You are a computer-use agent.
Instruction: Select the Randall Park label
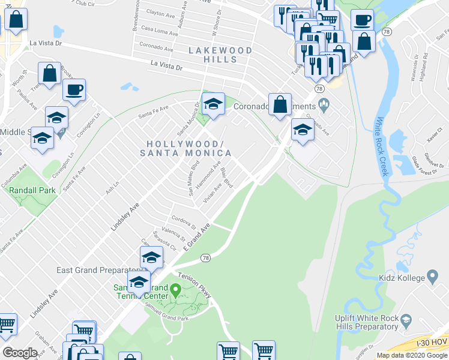point(32,190)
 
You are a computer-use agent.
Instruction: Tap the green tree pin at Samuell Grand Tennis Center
point(175,292)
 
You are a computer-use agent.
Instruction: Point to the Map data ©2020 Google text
point(412,355)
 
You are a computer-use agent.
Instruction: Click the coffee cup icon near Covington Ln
point(74,90)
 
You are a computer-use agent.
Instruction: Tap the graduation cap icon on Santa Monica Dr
point(212,104)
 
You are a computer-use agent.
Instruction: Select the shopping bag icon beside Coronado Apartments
point(280,104)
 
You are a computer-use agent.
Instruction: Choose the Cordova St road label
point(184,221)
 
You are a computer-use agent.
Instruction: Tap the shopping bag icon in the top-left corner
point(16,20)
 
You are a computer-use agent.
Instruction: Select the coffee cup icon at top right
point(362,20)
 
